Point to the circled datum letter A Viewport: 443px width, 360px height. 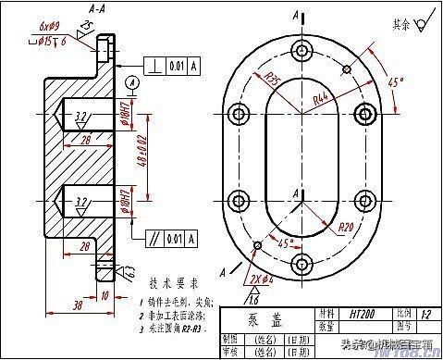[133, 83]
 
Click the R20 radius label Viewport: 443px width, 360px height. [347, 226]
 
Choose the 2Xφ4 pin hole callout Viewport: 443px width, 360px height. [261, 277]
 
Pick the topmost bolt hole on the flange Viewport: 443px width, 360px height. [299, 50]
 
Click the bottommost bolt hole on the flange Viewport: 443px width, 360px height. [299, 266]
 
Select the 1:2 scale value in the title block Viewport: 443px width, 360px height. [427, 314]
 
